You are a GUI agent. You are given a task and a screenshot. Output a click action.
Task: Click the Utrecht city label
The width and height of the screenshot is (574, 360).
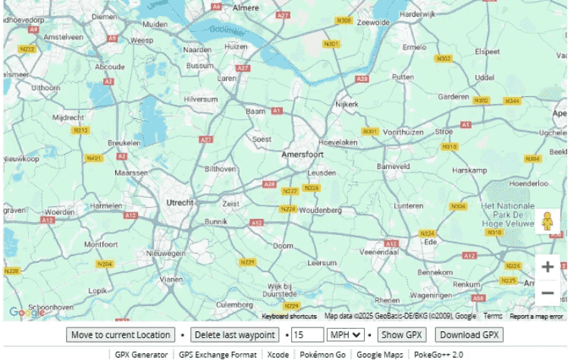click(x=180, y=202)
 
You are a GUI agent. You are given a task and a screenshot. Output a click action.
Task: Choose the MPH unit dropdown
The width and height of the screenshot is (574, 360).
click(x=344, y=335)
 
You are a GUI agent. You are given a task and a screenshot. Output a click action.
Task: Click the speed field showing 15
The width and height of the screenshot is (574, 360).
click(x=307, y=335)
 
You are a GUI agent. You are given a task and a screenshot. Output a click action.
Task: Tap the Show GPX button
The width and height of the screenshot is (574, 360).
click(x=403, y=335)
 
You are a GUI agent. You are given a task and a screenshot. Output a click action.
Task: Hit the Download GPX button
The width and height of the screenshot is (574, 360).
click(x=469, y=335)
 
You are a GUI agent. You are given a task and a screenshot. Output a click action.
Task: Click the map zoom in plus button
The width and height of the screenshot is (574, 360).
click(x=547, y=267)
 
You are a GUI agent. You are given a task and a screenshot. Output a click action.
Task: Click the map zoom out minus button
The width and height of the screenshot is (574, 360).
click(x=547, y=293)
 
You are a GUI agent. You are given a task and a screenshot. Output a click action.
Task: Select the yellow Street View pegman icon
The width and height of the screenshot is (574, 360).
click(x=547, y=221)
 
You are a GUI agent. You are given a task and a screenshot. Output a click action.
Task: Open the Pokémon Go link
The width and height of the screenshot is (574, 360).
click(x=322, y=354)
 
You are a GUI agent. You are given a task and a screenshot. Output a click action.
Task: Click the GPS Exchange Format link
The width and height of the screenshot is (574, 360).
click(x=217, y=354)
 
